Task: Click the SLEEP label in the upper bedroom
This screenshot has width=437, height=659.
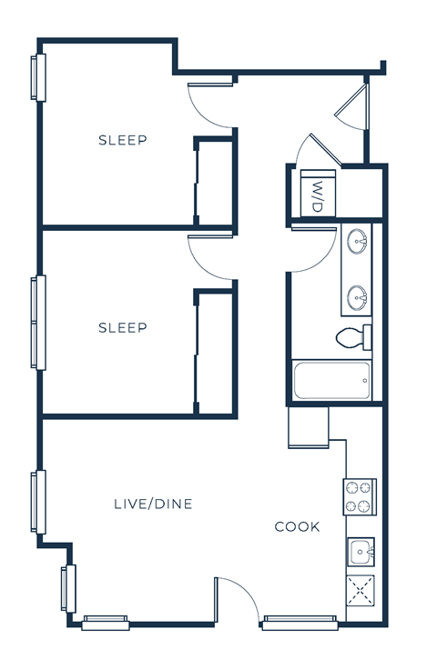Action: [123, 140]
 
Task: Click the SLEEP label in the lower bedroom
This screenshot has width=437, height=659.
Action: [123, 327]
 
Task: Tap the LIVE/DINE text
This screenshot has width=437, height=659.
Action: [153, 504]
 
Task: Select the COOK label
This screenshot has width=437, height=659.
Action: [298, 526]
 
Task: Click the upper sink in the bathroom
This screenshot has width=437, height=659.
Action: [358, 242]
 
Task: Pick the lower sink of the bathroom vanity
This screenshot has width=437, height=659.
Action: [358, 295]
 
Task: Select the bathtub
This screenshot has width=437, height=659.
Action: [332, 380]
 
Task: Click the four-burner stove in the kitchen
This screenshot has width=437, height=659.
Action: [360, 497]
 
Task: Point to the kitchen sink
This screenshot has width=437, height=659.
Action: [361, 552]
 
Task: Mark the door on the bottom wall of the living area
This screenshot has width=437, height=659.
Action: [239, 600]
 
